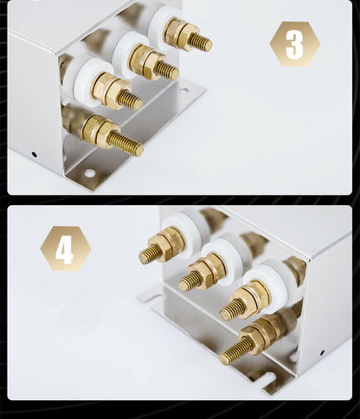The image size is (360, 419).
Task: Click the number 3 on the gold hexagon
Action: click(x=295, y=44)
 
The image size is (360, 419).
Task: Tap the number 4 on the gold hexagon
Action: click(x=65, y=248)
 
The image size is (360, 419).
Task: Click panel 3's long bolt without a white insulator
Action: click(x=125, y=144)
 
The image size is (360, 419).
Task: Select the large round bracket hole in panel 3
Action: click(x=89, y=173)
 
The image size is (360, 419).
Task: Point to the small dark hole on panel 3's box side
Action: click(x=34, y=154)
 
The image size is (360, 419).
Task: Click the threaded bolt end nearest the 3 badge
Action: click(x=200, y=42)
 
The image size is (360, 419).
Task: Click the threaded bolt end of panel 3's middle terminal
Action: click(x=166, y=71)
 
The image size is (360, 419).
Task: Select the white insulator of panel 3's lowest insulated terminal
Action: click(x=87, y=83)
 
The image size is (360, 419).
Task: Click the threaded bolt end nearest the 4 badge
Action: click(x=150, y=255)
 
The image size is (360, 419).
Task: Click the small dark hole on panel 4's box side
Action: click(x=322, y=352)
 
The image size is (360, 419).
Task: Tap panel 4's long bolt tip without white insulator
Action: click(x=224, y=359)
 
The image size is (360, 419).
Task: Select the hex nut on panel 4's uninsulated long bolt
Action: click(x=253, y=338)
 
